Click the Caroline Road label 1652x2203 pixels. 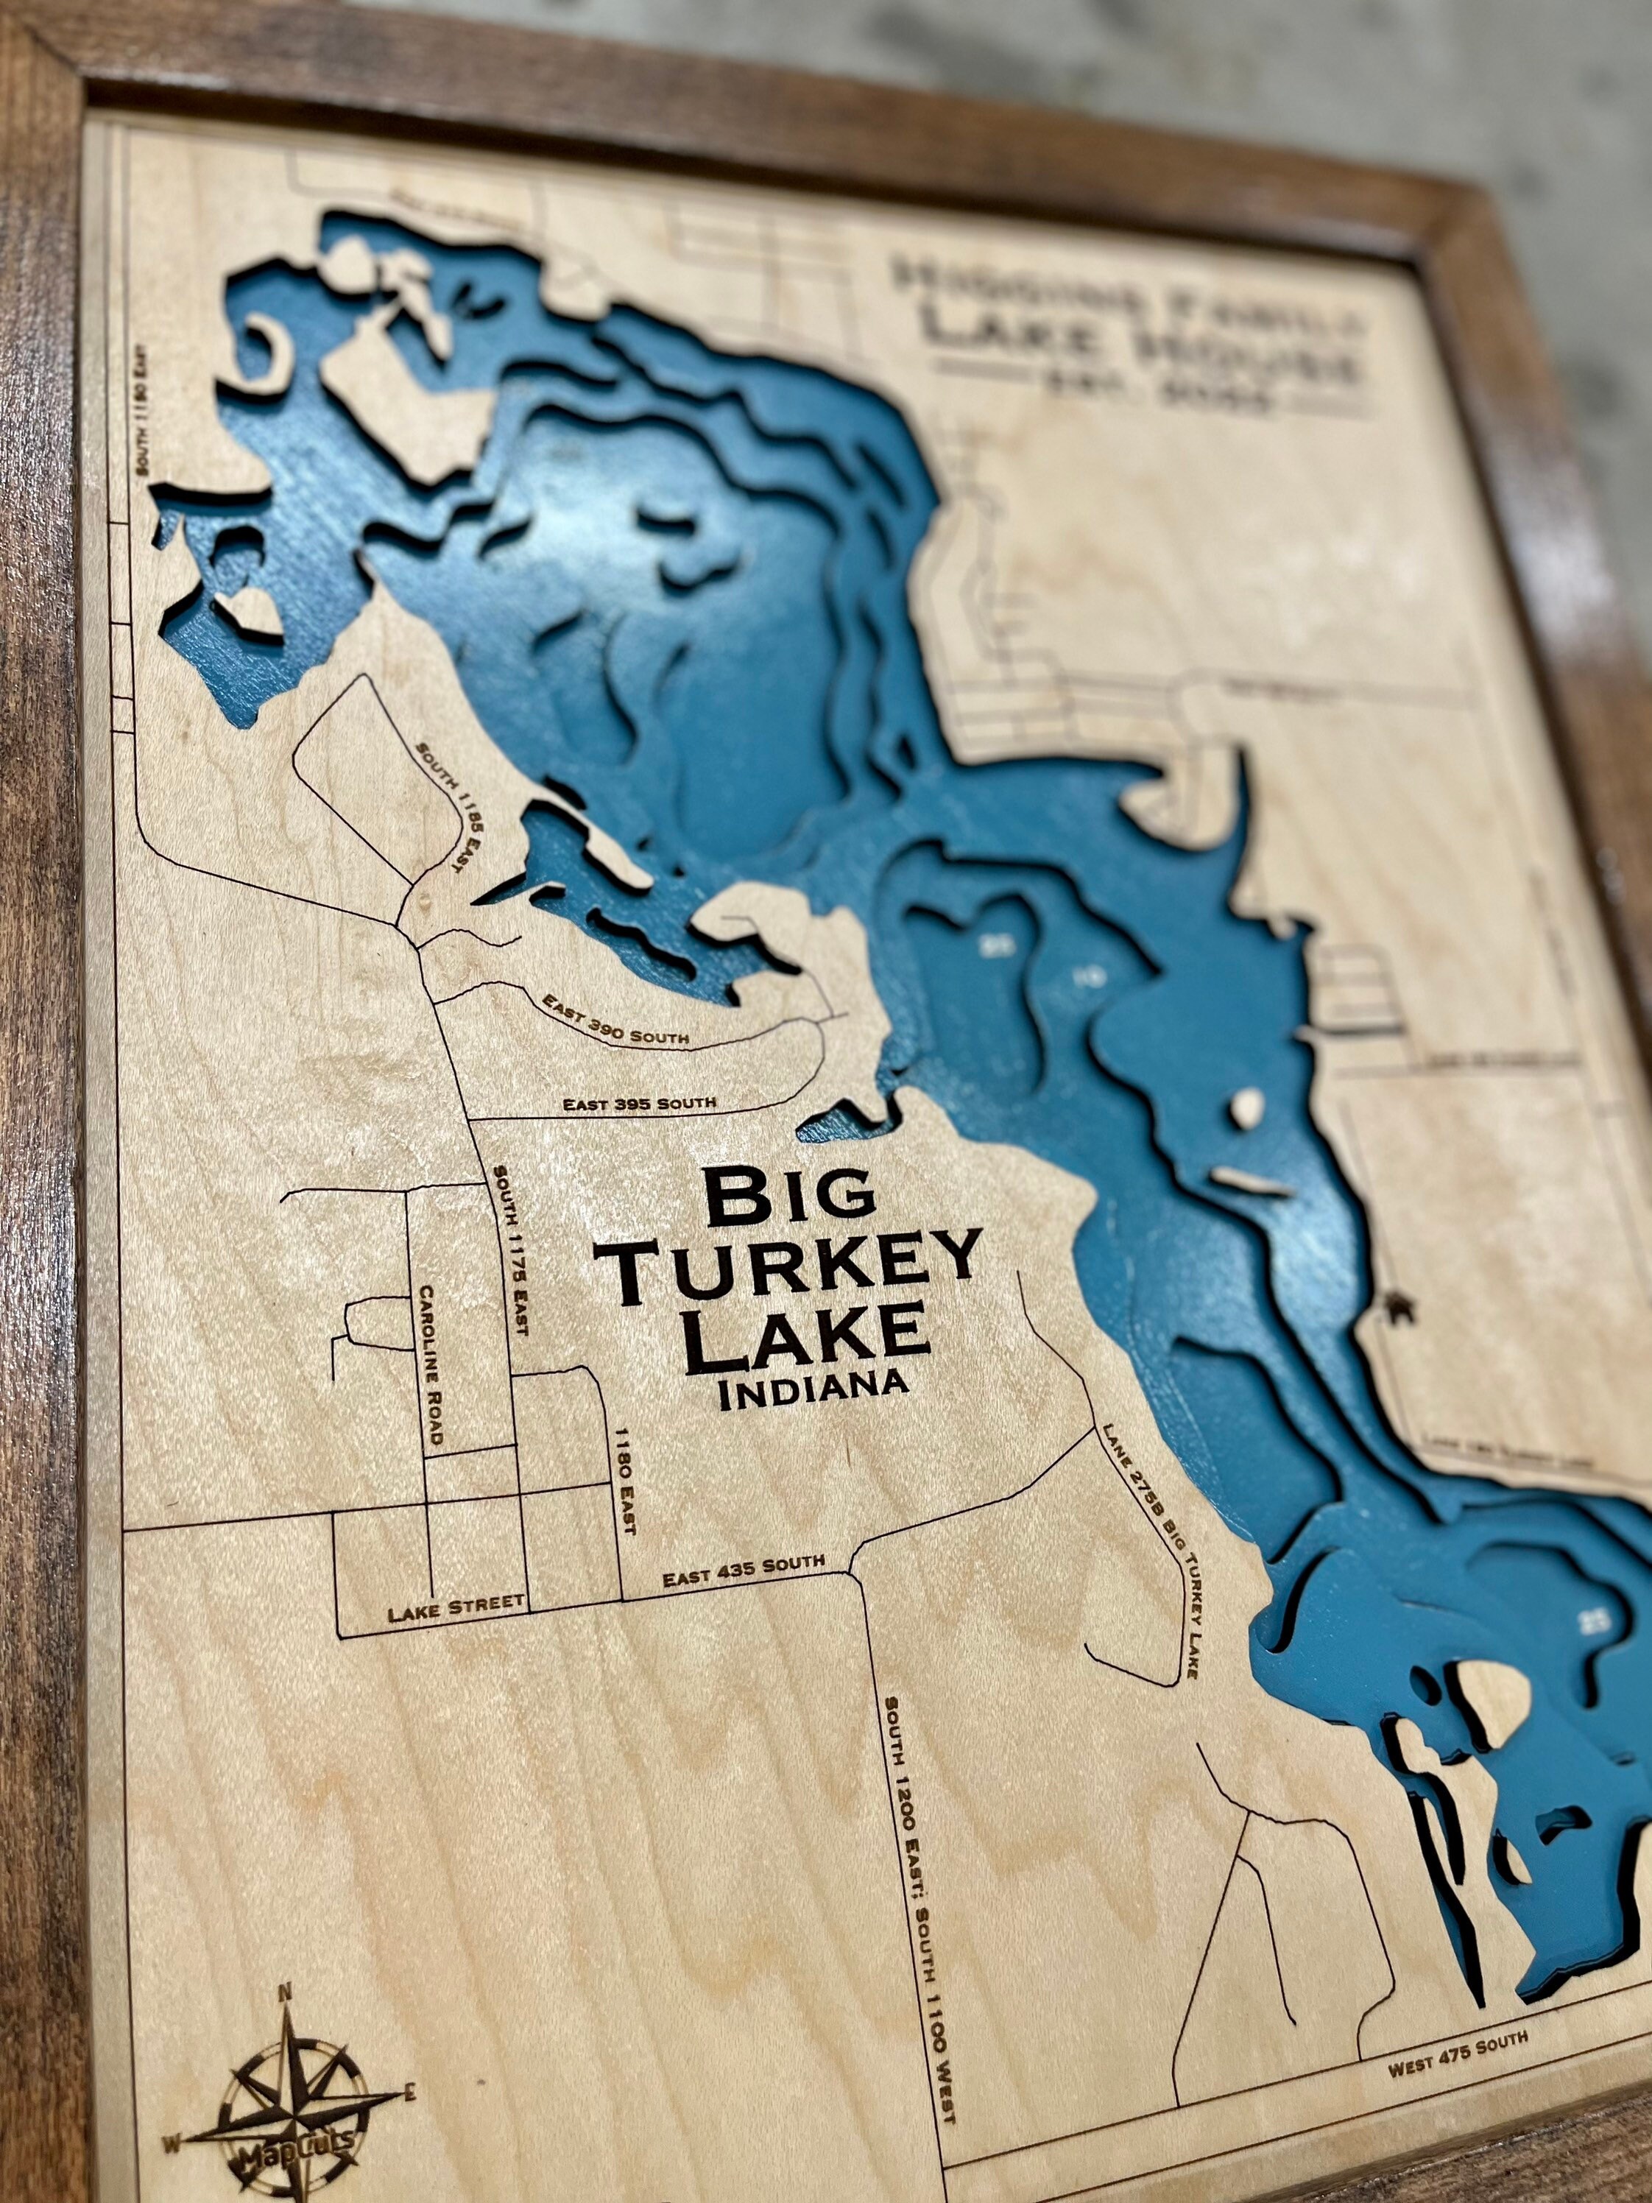[x=431, y=1365]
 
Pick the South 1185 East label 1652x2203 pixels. [x=440, y=808]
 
